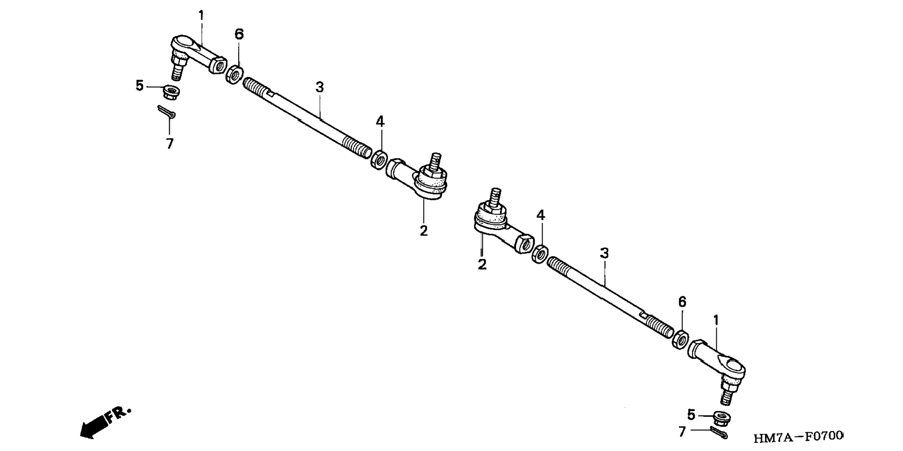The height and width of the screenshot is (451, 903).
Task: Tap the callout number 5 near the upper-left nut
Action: point(140,86)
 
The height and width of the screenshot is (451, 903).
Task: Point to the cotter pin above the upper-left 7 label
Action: point(166,112)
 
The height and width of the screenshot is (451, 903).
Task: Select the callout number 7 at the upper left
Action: point(169,143)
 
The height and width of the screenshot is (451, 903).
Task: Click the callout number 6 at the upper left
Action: point(239,34)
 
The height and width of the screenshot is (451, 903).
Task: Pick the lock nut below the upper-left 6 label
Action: point(234,75)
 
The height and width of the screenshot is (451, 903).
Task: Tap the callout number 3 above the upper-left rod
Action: point(319,87)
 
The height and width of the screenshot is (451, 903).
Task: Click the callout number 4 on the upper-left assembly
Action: point(380,122)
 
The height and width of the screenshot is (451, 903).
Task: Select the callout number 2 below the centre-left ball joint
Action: point(423,230)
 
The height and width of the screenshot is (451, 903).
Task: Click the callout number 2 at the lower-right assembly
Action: point(482,265)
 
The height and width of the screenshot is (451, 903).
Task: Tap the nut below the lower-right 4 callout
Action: point(540,253)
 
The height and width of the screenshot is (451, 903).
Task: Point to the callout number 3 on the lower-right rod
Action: point(604,253)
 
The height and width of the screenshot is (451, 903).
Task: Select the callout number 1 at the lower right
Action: point(716,321)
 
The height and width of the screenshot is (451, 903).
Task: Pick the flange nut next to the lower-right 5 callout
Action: point(722,417)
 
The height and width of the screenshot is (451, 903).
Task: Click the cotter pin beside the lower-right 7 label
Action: point(718,434)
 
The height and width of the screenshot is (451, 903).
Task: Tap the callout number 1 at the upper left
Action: point(201,15)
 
